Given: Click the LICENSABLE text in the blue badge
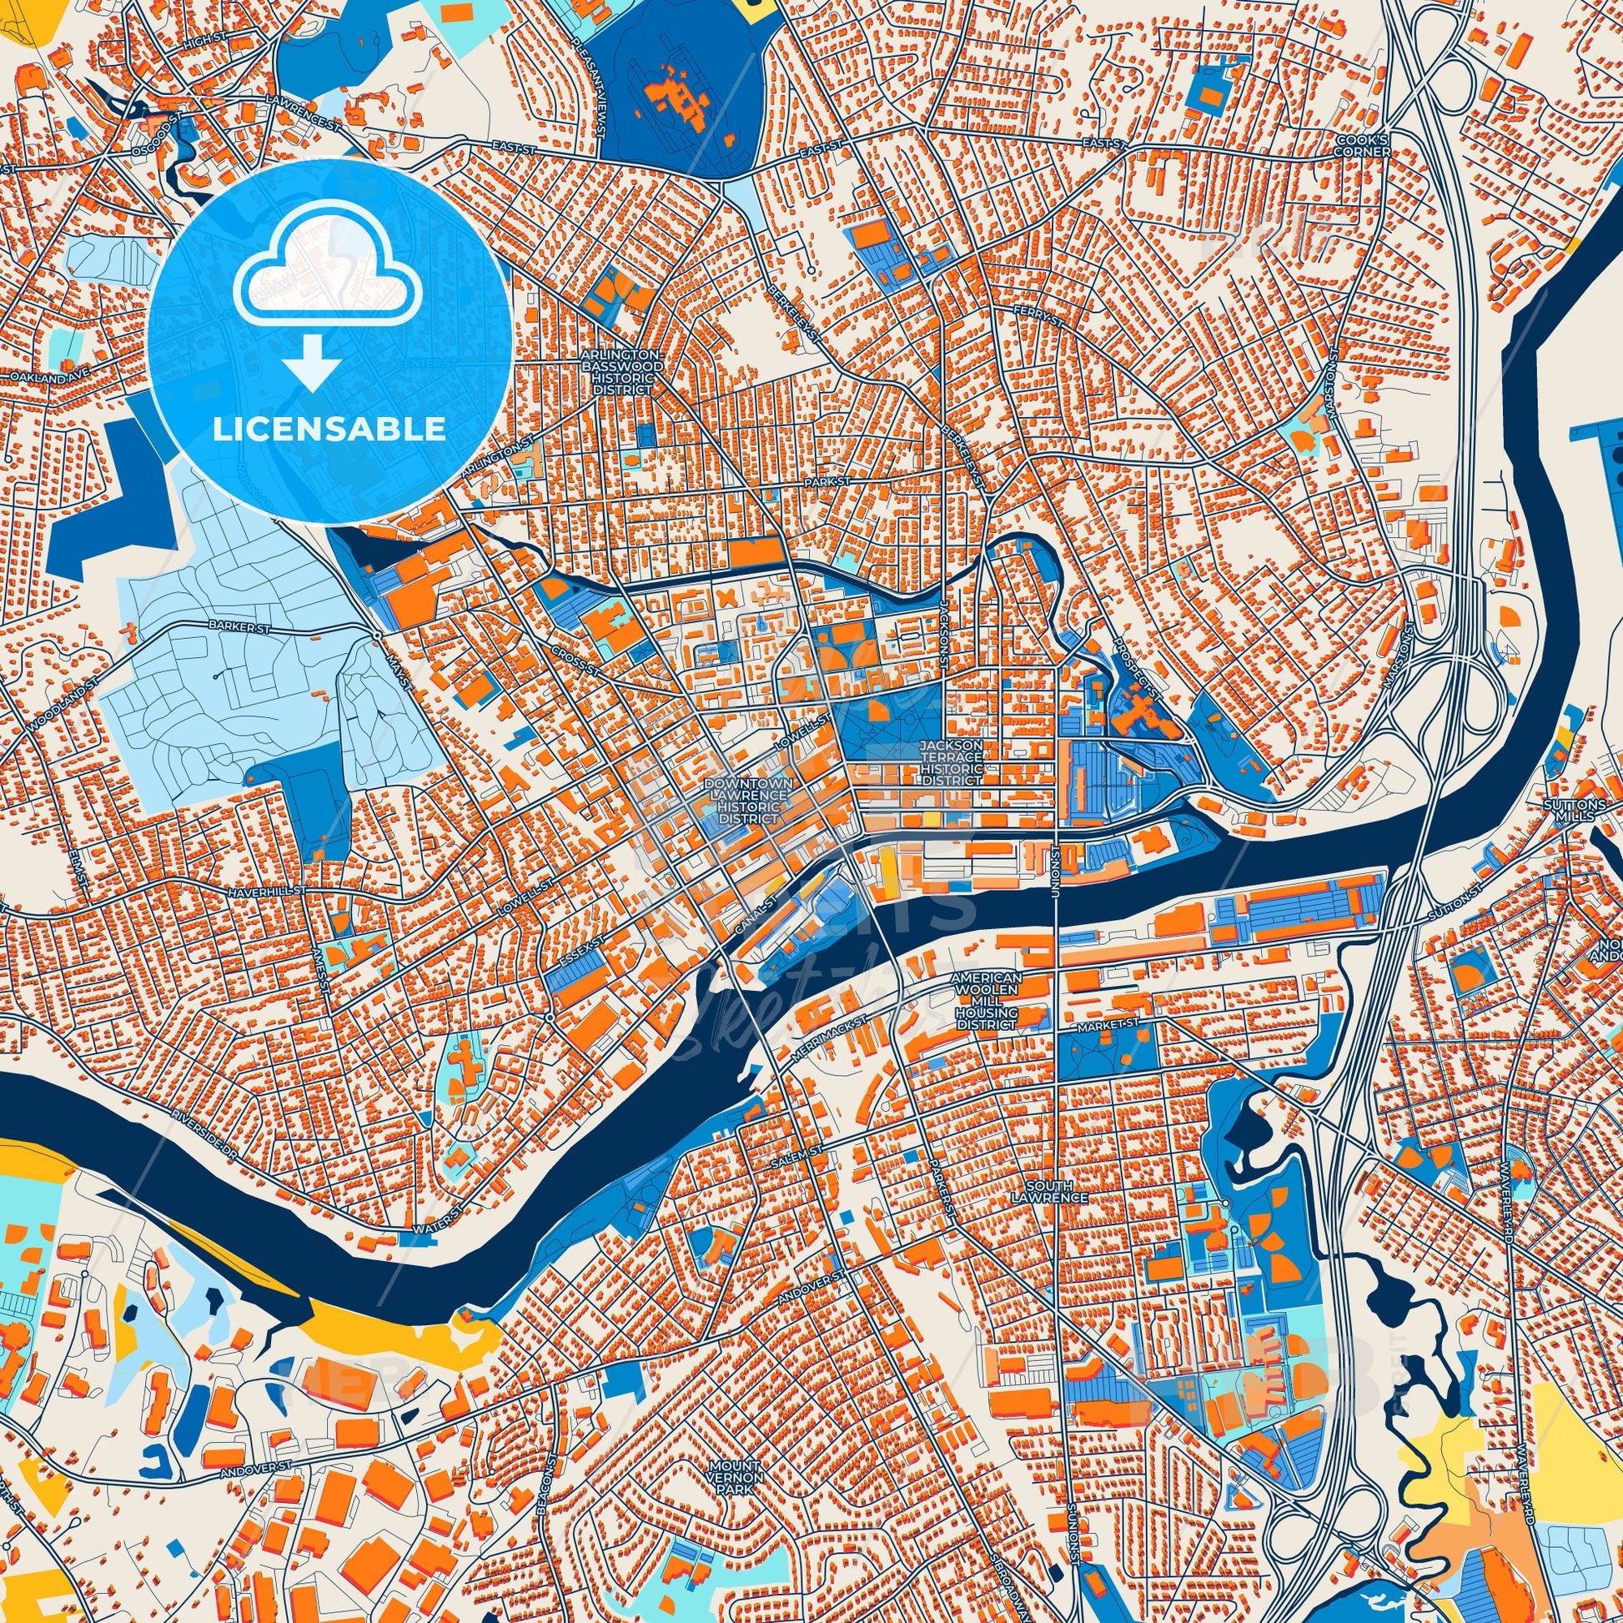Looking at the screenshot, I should pyautogui.click(x=329, y=430).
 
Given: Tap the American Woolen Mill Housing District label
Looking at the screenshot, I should pyautogui.click(x=987, y=997).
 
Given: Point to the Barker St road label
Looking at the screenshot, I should pyautogui.click(x=230, y=626).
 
